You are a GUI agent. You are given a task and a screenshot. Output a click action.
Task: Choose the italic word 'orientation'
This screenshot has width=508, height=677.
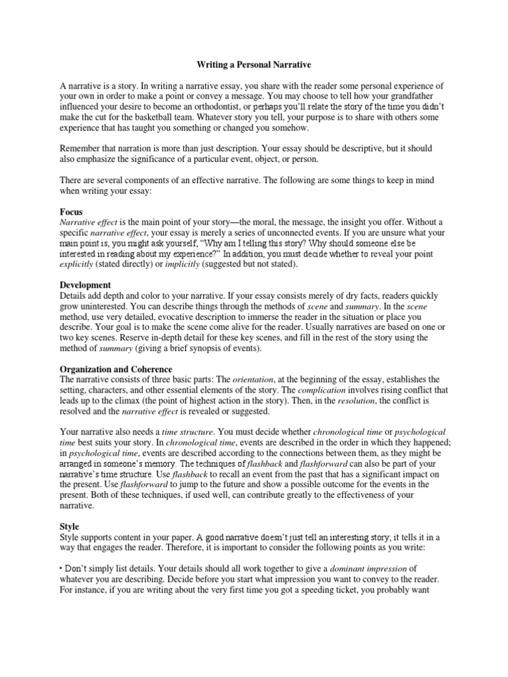point(255,379)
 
